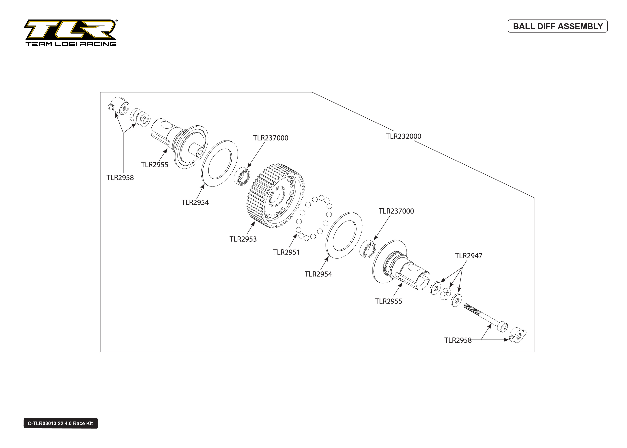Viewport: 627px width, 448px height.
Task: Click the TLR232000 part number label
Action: coord(403,136)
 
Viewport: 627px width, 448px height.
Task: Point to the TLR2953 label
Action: coord(243,239)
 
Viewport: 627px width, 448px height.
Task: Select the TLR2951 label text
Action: coord(286,252)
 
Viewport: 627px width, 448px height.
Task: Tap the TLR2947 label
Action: coord(468,256)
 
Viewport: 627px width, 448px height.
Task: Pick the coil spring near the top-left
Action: coord(141,117)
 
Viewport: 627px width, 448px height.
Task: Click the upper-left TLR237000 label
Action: coord(270,138)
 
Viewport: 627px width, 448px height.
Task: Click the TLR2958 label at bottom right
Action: coord(458,340)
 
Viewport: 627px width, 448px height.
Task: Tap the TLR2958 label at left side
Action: coord(120,178)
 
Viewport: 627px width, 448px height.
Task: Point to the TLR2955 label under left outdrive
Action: coord(154,165)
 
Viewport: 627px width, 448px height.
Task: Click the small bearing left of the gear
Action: coord(242,176)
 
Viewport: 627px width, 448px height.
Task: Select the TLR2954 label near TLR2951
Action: coord(318,274)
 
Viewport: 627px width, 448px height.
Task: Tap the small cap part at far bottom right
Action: coord(517,335)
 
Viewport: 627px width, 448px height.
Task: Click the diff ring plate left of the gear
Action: coord(219,163)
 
